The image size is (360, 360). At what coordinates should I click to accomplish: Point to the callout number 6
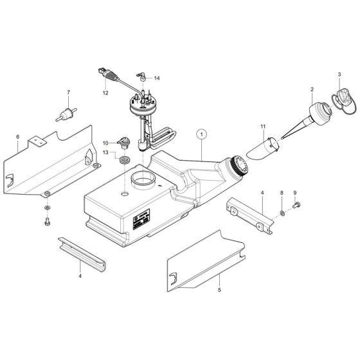click(17, 136)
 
